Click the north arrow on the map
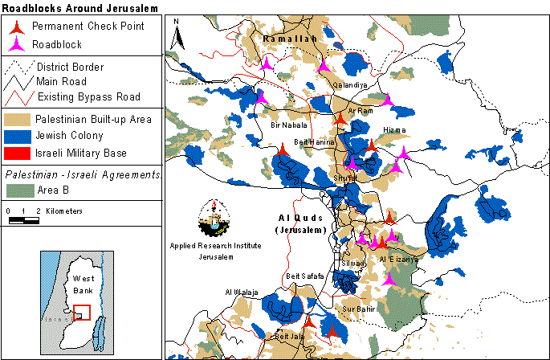click(x=178, y=33)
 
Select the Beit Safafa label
click(x=304, y=276)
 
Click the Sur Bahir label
click(x=359, y=308)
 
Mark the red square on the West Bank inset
click(x=81, y=312)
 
